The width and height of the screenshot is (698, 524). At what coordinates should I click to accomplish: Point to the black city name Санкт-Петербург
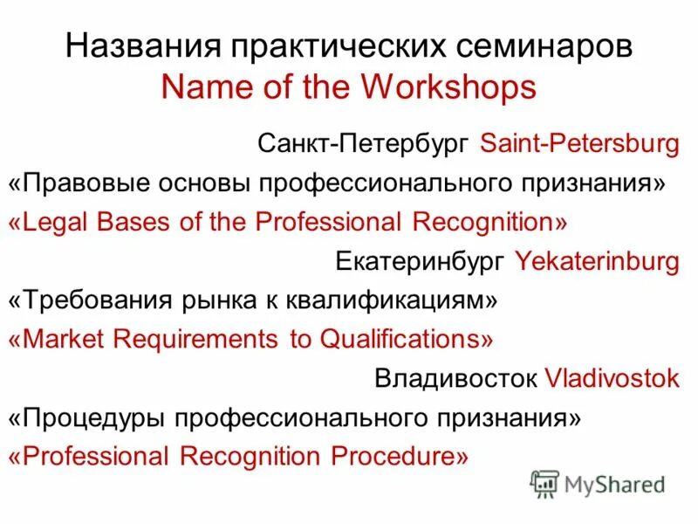click(x=365, y=144)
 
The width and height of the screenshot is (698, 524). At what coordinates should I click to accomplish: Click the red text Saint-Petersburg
click(x=579, y=144)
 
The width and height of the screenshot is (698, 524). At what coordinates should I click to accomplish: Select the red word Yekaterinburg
click(x=597, y=260)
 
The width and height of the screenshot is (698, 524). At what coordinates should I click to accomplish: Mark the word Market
click(x=61, y=339)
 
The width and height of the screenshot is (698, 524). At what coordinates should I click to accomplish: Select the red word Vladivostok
click(x=612, y=378)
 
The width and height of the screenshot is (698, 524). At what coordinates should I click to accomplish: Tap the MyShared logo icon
click(x=544, y=483)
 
